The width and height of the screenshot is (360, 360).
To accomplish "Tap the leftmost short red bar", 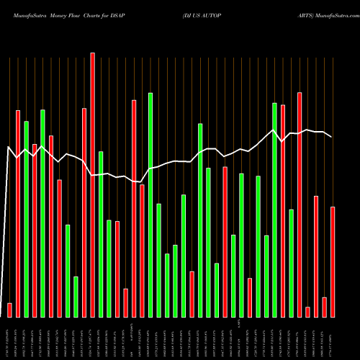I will pos(10,310).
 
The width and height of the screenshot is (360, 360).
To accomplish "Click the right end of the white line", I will pos(332,137).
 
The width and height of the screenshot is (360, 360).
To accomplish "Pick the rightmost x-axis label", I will pos(333,338).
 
